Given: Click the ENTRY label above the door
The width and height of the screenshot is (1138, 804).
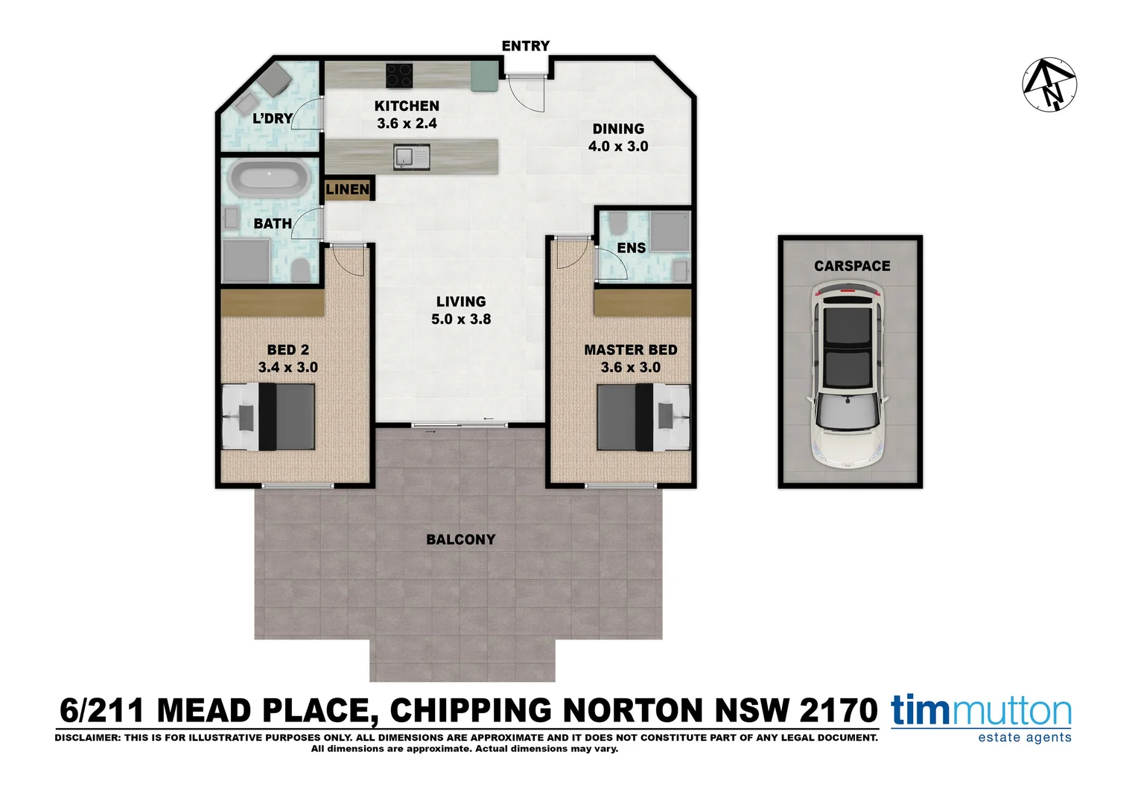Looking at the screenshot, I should [525, 46].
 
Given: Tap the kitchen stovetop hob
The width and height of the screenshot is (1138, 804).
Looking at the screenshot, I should [399, 75].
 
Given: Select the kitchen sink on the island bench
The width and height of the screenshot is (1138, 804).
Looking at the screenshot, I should [404, 157].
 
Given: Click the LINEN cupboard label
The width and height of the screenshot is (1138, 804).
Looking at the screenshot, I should [348, 189].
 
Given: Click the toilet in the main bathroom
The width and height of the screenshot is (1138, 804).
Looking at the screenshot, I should [300, 269].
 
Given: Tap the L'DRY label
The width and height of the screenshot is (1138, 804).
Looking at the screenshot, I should [272, 118].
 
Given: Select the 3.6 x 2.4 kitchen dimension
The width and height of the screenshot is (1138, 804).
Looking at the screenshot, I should [407, 124].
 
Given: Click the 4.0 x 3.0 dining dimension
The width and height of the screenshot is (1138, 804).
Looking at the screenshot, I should [618, 147].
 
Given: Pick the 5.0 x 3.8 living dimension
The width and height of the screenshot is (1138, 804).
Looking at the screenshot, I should [461, 319].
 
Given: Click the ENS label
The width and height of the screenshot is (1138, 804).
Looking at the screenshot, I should [632, 248].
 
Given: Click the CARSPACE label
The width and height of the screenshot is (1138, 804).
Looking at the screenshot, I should [852, 266].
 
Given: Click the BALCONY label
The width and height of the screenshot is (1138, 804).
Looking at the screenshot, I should [460, 540].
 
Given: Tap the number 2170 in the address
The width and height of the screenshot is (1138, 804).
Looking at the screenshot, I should [839, 711].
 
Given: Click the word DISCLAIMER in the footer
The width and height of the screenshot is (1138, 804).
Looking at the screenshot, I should [83, 738].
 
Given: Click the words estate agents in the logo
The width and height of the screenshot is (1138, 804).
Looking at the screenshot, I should [1024, 738].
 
